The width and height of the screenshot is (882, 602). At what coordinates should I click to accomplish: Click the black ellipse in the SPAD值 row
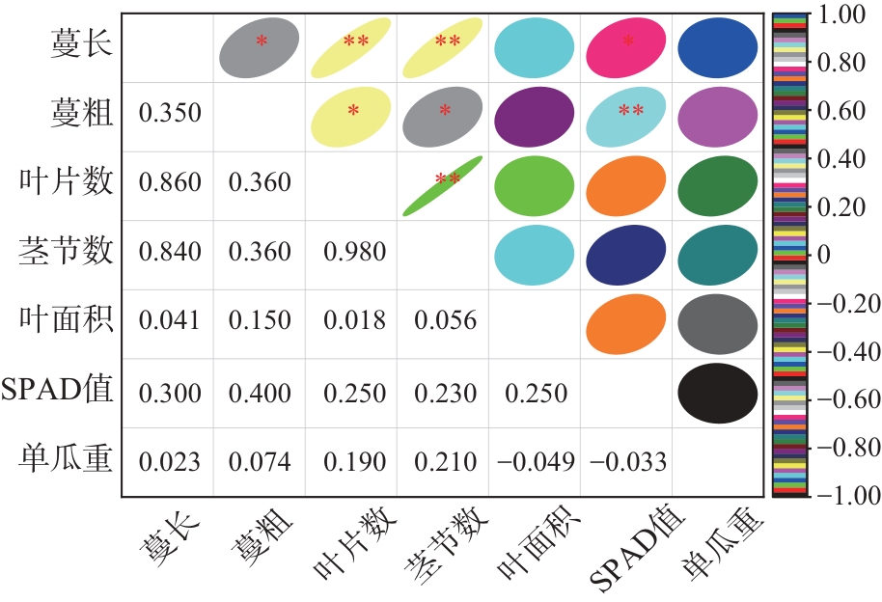717,392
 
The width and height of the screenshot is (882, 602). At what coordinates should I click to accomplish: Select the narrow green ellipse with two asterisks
441,186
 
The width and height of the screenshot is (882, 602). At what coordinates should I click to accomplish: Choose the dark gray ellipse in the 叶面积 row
717,323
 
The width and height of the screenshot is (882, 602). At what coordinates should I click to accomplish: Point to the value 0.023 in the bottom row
170,461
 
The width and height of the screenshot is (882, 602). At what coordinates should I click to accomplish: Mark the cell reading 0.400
261,393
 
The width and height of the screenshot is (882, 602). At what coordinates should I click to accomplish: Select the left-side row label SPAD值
59,391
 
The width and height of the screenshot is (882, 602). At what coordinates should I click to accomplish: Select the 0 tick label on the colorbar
823,255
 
